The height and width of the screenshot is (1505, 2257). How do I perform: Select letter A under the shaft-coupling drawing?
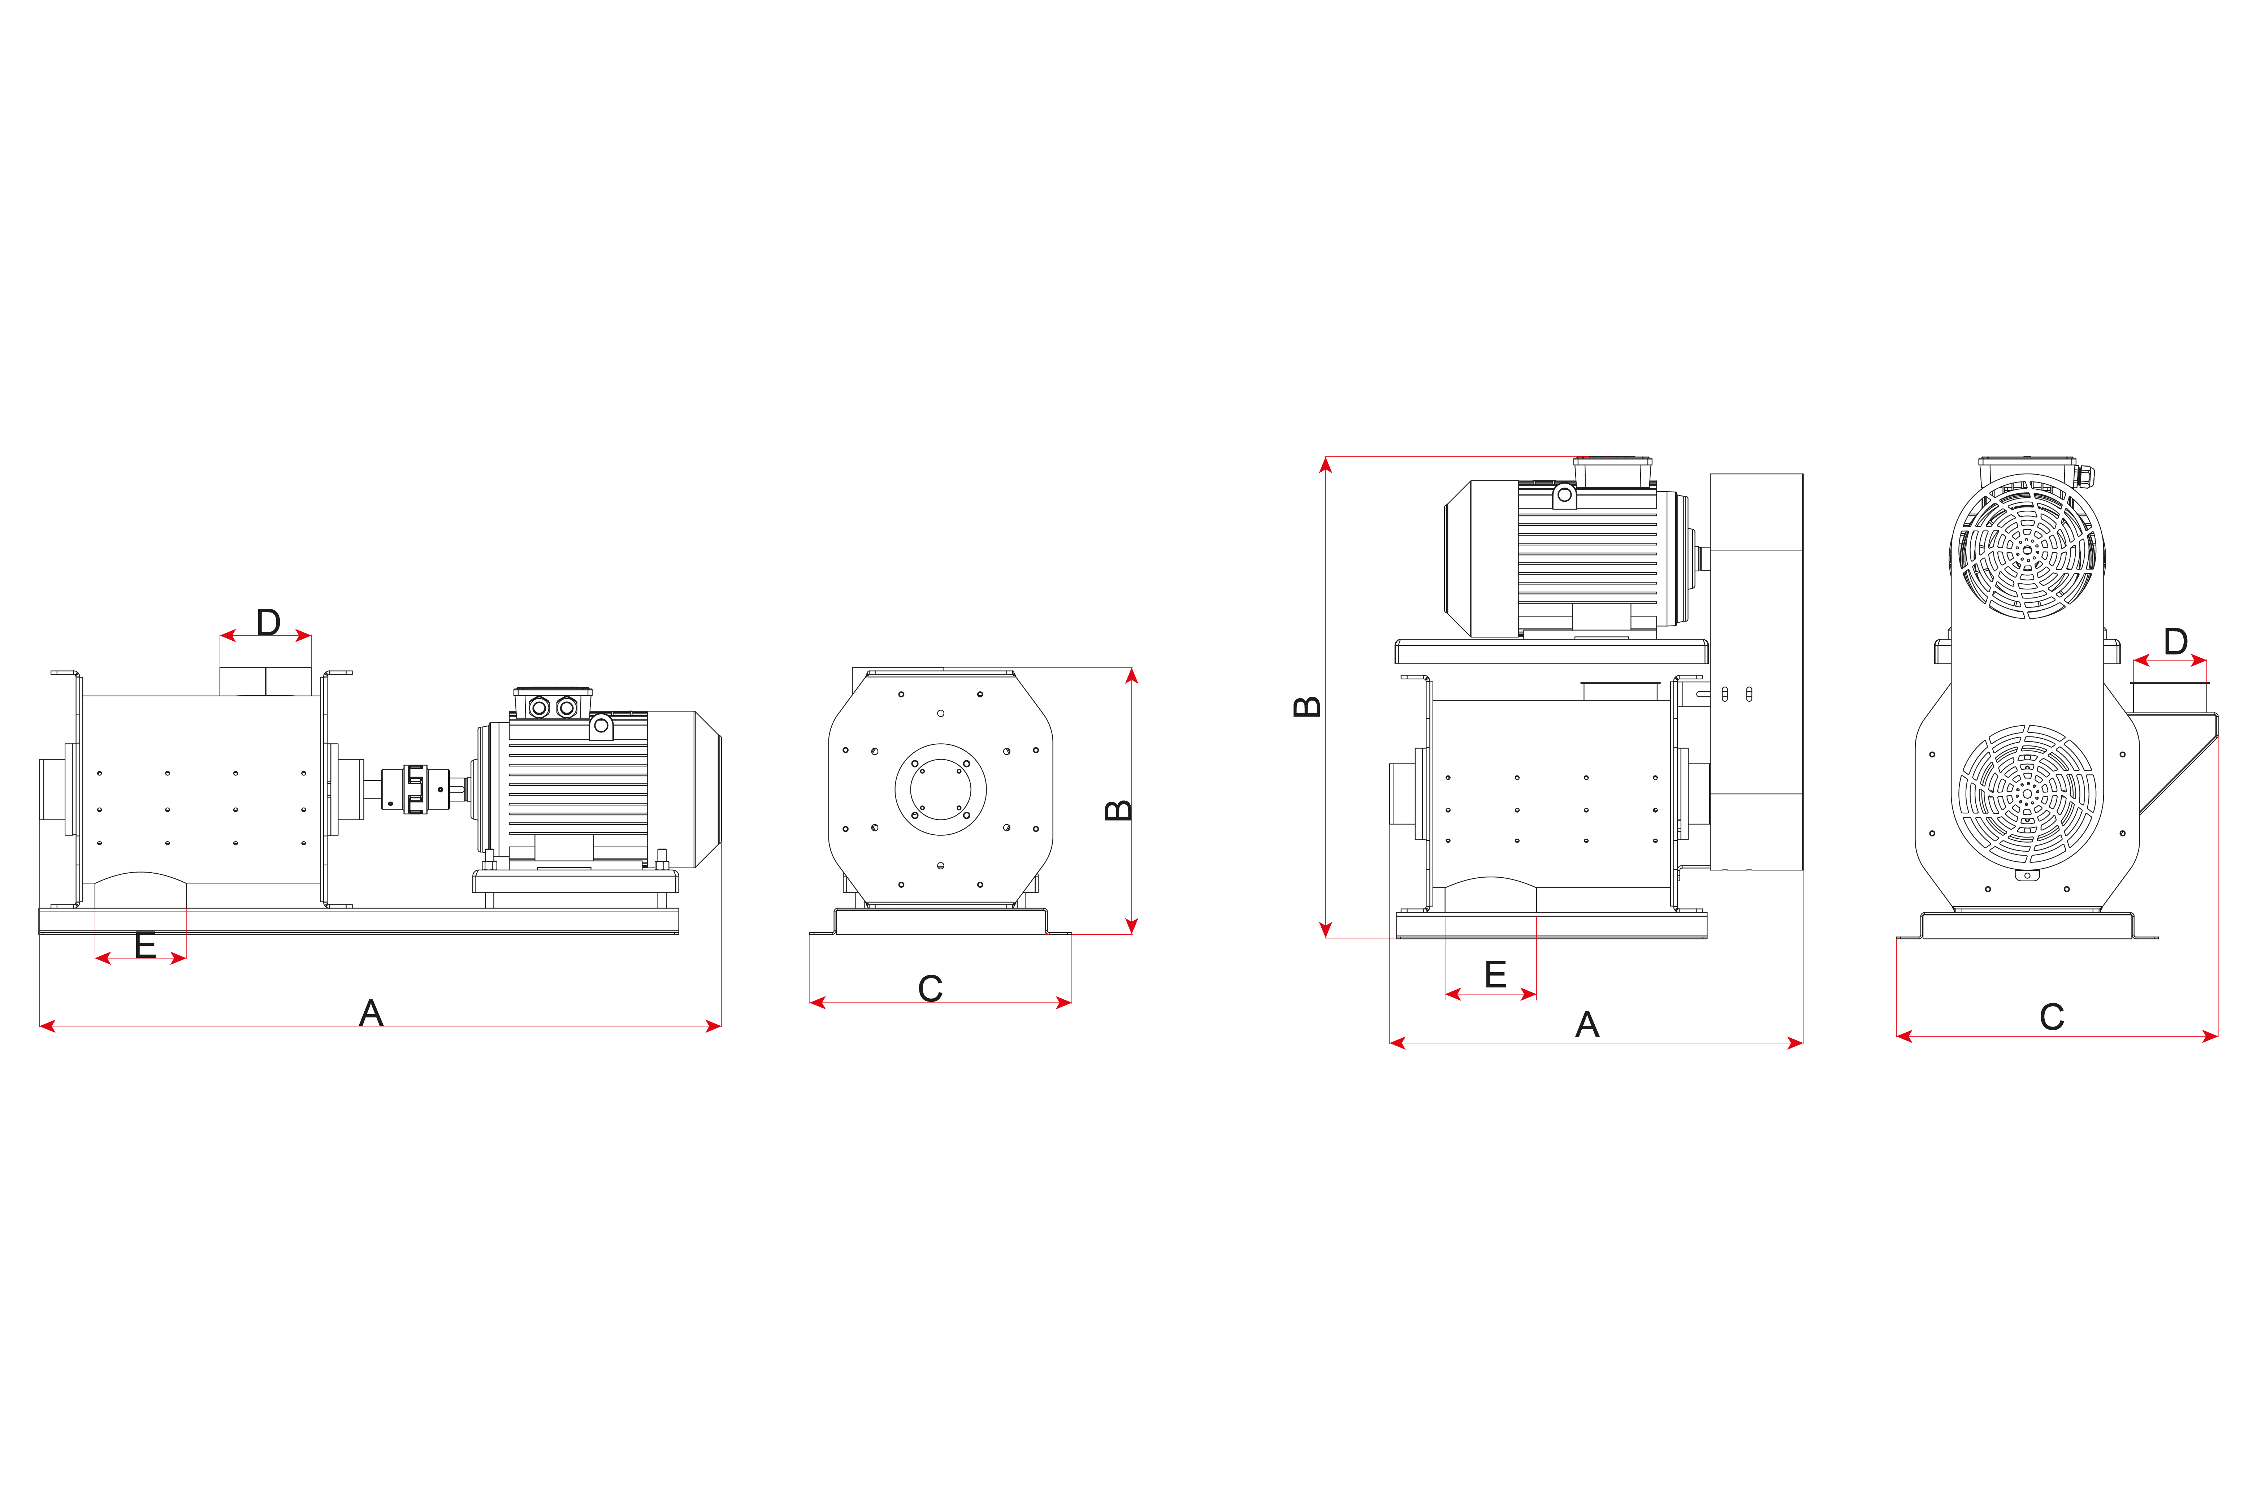[x=371, y=1013]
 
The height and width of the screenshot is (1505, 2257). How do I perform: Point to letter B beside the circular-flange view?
[x=1119, y=810]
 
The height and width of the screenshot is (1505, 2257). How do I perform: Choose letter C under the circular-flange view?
[x=930, y=989]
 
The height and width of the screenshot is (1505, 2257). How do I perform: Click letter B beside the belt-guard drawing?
[x=1307, y=706]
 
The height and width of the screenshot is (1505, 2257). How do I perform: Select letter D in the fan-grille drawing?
[x=2175, y=641]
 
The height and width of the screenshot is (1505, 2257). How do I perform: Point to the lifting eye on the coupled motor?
[x=602, y=726]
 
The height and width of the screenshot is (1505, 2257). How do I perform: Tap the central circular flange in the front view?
[x=940, y=789]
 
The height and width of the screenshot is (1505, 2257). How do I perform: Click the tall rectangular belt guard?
[x=1756, y=672]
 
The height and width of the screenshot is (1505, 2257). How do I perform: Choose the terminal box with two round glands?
[x=553, y=705]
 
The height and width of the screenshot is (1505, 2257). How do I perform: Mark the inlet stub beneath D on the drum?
[x=266, y=682]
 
